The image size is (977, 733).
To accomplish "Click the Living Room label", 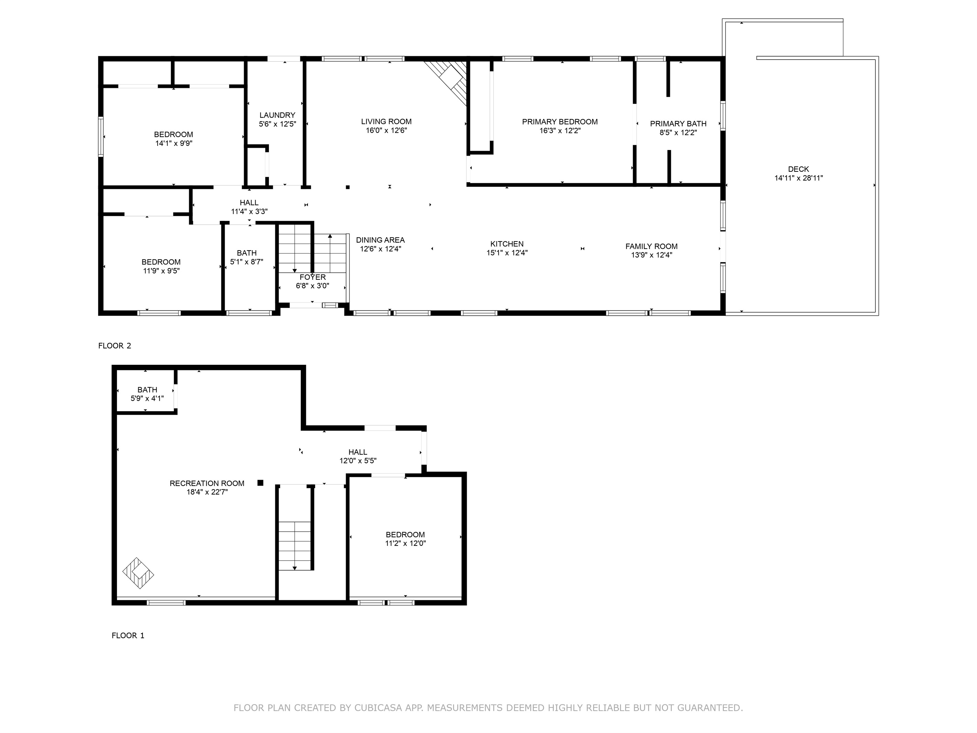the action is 386,121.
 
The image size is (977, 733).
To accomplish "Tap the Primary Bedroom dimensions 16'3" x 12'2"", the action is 560,131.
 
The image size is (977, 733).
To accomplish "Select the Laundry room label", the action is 277,115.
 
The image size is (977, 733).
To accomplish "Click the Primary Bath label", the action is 678,124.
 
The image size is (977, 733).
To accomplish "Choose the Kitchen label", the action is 507,244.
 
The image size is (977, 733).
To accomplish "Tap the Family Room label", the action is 652,246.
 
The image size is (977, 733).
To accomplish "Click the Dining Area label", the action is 380,240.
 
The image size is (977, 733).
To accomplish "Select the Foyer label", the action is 313,277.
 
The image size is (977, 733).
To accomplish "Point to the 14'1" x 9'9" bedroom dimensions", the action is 174,143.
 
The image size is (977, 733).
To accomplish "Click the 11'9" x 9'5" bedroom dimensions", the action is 161,271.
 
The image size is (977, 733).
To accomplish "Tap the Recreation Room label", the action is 207,484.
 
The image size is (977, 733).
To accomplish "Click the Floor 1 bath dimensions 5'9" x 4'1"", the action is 147,398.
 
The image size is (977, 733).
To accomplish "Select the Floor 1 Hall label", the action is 358,452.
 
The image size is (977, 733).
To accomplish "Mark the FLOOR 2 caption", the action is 115,346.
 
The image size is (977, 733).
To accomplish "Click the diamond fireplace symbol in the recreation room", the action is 138,573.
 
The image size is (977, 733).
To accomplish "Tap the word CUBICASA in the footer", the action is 378,708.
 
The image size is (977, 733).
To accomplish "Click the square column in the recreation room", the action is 261,483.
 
